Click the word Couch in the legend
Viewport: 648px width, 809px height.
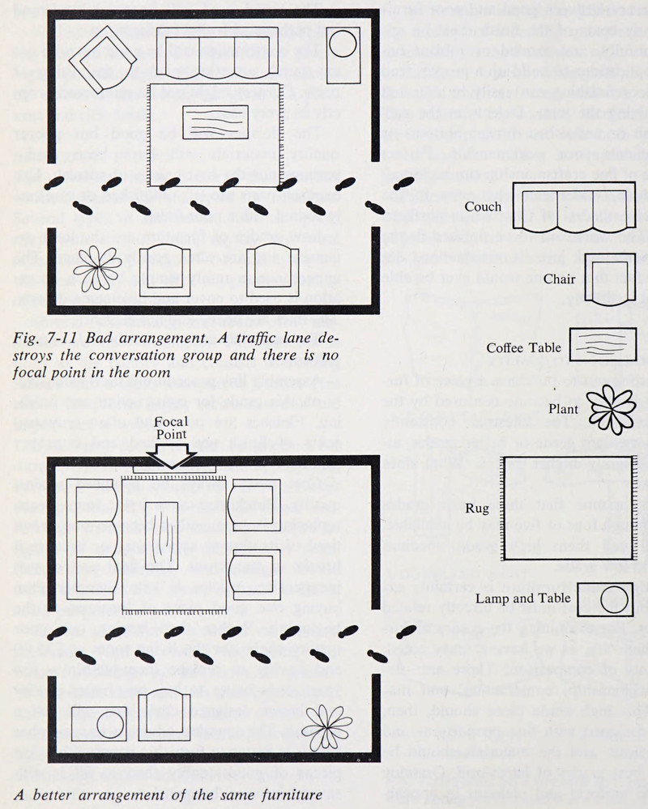coord(484,207)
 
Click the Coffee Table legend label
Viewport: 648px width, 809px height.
coord(524,348)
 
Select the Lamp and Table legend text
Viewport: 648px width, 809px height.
coord(530,599)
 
